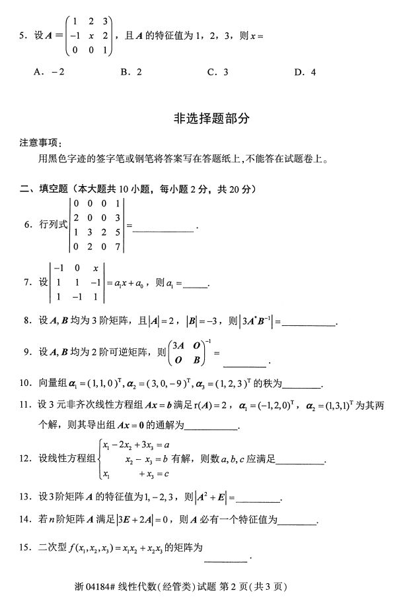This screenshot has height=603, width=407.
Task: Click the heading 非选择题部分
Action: (203, 119)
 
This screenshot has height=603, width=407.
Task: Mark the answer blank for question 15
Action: (227, 561)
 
